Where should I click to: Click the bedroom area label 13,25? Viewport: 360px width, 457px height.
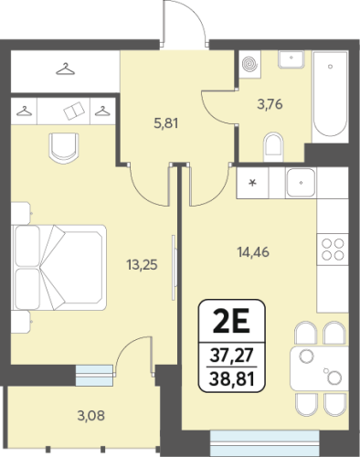[x=142, y=265]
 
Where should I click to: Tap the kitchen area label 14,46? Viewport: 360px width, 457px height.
[x=253, y=252]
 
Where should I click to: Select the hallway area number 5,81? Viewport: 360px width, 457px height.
[x=166, y=123]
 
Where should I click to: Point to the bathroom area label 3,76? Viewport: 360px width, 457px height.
[x=270, y=104]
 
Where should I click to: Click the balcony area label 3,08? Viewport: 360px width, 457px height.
[x=91, y=416]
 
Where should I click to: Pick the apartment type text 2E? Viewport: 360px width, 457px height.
[x=231, y=321]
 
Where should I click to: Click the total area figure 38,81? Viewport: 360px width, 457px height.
[x=232, y=379]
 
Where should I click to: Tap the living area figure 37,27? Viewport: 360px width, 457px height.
[x=232, y=355]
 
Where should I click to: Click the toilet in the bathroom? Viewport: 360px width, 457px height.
[x=273, y=147]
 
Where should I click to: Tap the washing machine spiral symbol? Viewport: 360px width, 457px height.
[x=250, y=64]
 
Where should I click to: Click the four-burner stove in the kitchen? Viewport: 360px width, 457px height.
[x=333, y=250]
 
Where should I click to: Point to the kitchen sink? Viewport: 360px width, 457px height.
[x=301, y=183]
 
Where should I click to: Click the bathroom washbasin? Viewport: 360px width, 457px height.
[x=291, y=59]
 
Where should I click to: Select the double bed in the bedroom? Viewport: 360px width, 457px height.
[x=59, y=268]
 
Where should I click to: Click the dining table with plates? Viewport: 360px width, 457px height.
[x=319, y=368]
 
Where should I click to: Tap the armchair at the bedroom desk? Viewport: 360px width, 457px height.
[x=64, y=146]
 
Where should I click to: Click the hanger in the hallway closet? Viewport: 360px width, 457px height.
[x=65, y=69]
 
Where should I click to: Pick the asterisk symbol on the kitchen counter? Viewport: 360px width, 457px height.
[x=252, y=183]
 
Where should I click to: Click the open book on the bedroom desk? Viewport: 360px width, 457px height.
[x=74, y=111]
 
